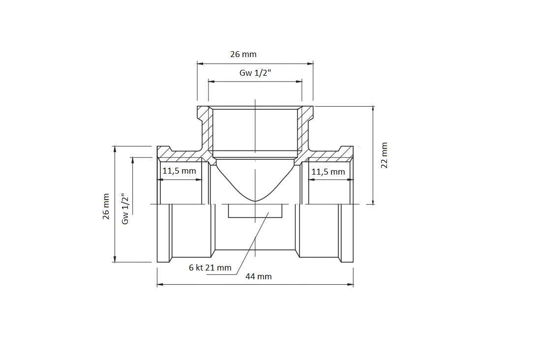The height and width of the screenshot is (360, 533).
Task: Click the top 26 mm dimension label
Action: click(x=243, y=55)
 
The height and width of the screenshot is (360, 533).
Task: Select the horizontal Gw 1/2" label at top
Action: click(x=255, y=73)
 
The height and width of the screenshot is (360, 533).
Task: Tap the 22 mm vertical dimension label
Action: click(x=384, y=155)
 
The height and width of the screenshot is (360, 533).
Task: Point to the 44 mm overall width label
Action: click(x=259, y=277)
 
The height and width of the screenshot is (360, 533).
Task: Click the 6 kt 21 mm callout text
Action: click(x=210, y=268)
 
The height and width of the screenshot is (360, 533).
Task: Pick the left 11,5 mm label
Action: click(x=179, y=171)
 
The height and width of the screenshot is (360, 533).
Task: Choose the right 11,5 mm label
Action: click(x=328, y=172)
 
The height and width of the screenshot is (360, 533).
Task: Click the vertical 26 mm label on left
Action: click(x=106, y=207)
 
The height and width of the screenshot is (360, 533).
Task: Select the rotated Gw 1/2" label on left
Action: click(x=125, y=209)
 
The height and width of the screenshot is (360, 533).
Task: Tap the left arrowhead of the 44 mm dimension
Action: click(x=160, y=285)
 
